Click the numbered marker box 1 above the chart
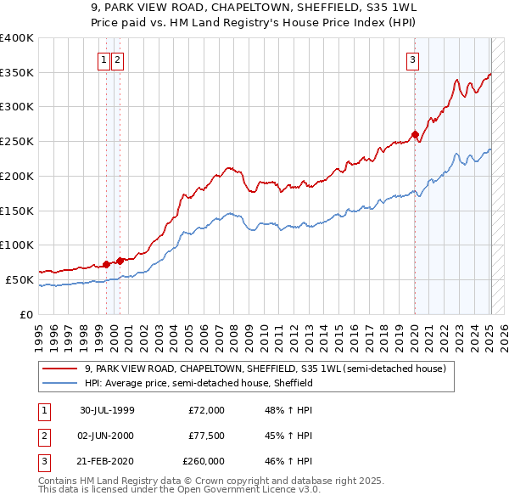pyautogui.click(x=103, y=59)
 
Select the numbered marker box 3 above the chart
pyautogui.click(x=412, y=59)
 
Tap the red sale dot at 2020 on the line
pyautogui.click(x=415, y=133)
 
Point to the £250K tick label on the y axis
pyautogui.click(x=17, y=141)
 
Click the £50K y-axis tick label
pyautogui.click(x=20, y=279)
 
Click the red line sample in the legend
pyautogui.click(x=60, y=369)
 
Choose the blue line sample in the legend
pyautogui.click(x=60, y=384)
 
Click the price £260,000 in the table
pyautogui.click(x=204, y=461)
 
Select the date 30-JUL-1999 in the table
pyautogui.click(x=107, y=410)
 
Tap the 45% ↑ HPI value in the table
pyautogui.click(x=288, y=436)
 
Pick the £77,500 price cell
pyautogui.click(x=206, y=436)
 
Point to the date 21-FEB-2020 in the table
pyautogui.click(x=107, y=461)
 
